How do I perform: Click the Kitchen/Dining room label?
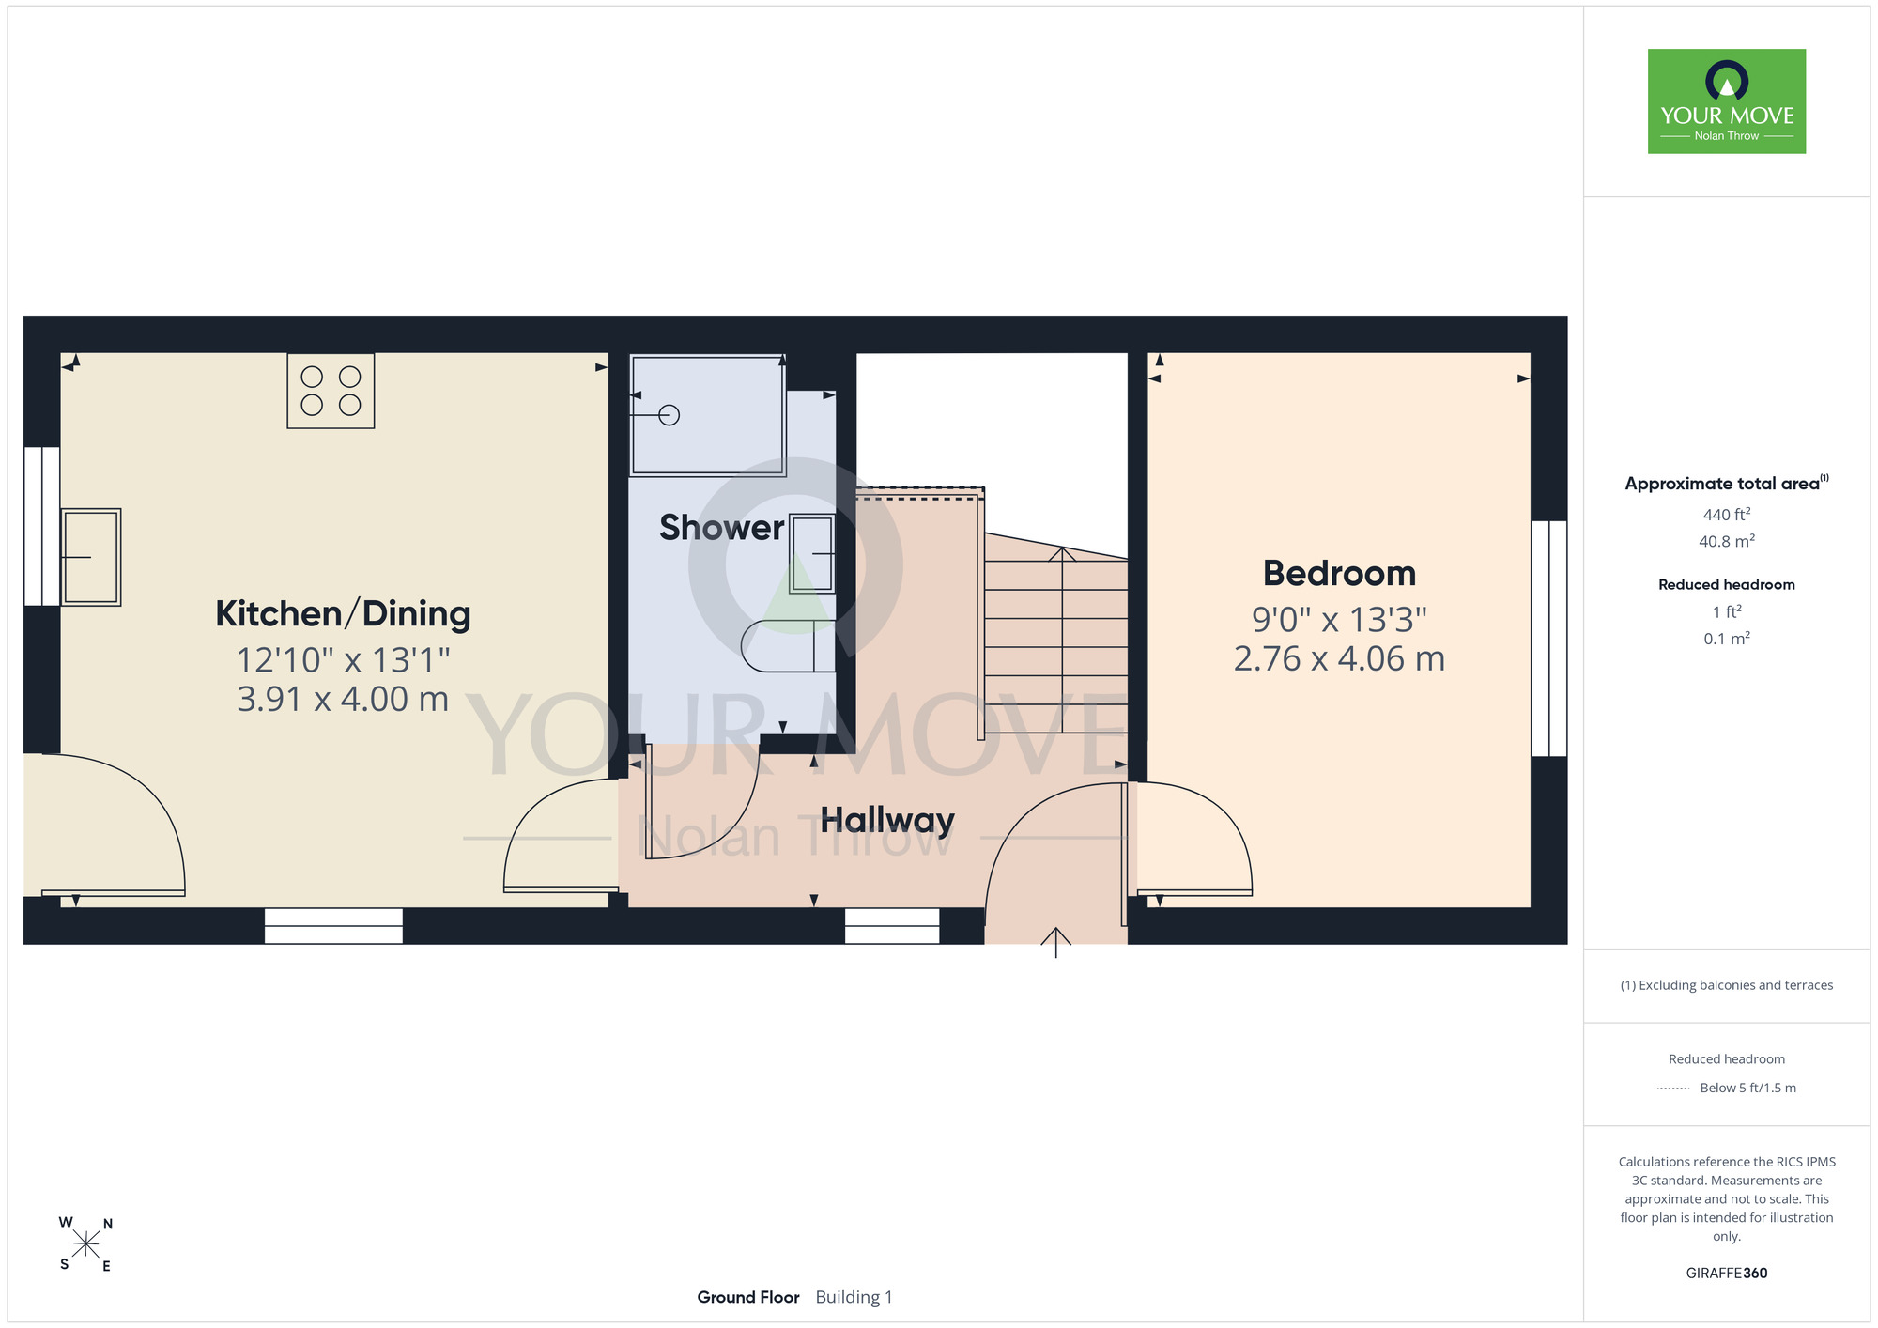point(343,613)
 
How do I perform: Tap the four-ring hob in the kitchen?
point(331,391)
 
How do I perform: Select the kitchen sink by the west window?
point(91,557)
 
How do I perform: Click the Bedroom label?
point(1339,573)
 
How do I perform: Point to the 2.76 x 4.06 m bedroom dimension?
point(1339,658)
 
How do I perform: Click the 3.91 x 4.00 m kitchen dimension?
point(343,699)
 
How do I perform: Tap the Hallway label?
point(887,820)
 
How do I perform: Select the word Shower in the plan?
point(721,528)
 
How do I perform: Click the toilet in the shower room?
point(788,646)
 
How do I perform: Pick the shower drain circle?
point(669,414)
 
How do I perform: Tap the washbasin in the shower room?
point(812,553)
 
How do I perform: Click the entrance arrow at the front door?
point(1056,942)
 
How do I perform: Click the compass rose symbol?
point(85,1244)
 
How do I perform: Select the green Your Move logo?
point(1727,101)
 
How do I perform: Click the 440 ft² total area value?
point(1727,514)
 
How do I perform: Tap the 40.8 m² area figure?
point(1727,541)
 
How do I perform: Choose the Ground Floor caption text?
point(748,1297)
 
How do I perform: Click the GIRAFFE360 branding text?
point(1727,1274)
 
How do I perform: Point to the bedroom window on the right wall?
point(1549,639)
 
